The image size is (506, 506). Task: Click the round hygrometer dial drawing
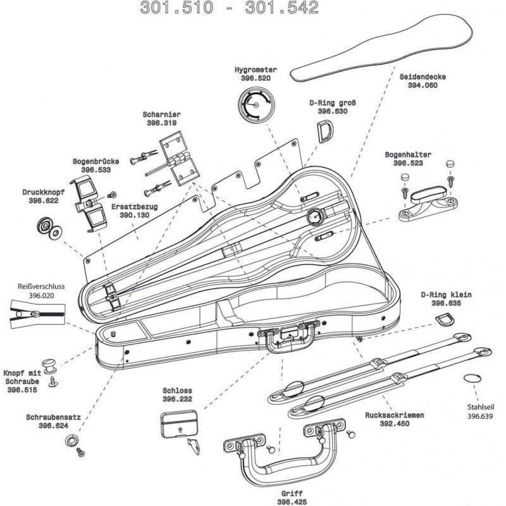point(257,105)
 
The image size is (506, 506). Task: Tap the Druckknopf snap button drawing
point(49,228)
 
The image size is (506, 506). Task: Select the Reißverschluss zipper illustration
point(35,315)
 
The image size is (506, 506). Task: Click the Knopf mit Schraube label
point(23,377)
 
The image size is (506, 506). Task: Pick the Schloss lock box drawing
point(180,421)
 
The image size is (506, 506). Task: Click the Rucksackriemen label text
point(393,416)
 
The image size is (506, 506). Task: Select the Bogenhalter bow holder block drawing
point(428,202)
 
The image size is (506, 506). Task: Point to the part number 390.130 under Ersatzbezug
point(134,214)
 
